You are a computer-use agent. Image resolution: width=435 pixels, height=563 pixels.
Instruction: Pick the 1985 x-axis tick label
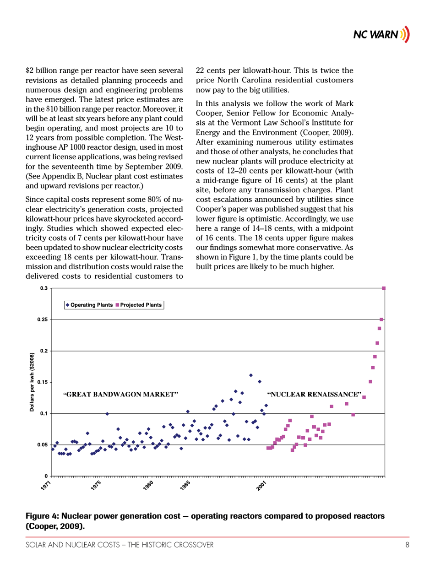pyautogui.click(x=185, y=485)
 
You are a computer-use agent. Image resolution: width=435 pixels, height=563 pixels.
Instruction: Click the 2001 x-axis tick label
pyautogui.click(x=261, y=485)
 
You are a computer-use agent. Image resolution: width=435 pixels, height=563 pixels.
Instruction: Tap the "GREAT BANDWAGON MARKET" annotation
pyautogui.click(x=120, y=394)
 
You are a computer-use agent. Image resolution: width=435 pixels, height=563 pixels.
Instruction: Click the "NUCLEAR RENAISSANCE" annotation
pyautogui.click(x=314, y=394)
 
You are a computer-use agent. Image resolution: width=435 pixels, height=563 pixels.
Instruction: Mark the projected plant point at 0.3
pyautogui.click(x=384, y=288)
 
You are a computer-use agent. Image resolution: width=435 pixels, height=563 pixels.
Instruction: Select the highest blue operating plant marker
pyautogui.click(x=250, y=375)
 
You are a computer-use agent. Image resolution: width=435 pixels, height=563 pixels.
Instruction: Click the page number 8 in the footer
pyautogui.click(x=407, y=545)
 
